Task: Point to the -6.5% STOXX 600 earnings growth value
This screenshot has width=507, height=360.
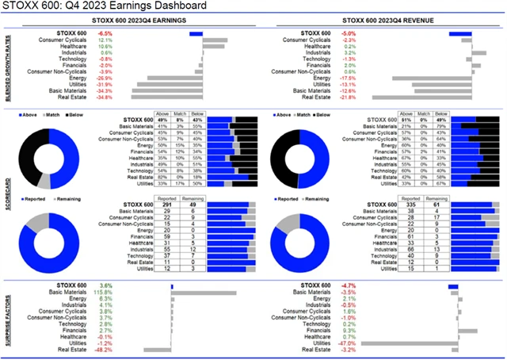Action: click(x=105, y=34)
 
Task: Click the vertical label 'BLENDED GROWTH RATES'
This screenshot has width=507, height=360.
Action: click(x=8, y=67)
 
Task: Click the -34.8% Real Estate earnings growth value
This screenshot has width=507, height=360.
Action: click(x=104, y=97)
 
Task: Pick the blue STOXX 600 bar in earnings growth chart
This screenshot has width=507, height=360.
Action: click(x=196, y=34)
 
